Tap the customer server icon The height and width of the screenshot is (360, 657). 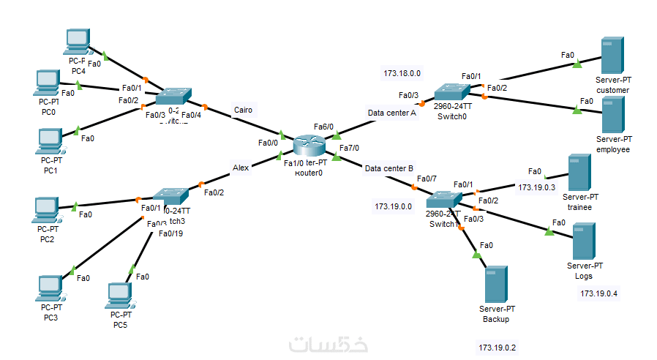pos(612,55)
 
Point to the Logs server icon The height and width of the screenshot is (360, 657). pos(583,239)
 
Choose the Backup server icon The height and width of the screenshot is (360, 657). pos(495,285)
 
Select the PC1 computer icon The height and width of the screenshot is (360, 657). pos(50,140)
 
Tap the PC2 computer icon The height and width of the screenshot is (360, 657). pos(47,209)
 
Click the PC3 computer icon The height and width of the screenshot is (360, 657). pos(49,288)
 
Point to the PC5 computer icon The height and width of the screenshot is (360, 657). pos(119,295)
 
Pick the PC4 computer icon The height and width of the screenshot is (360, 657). pos(77,42)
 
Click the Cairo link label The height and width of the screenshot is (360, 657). pos(243,110)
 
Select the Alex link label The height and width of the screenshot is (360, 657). pos(241,168)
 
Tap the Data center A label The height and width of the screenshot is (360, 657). pos(391,113)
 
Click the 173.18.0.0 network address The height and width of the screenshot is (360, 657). pos(402,73)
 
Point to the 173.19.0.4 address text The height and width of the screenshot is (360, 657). pos(598,294)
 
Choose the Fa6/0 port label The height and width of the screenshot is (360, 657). pos(324,126)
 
